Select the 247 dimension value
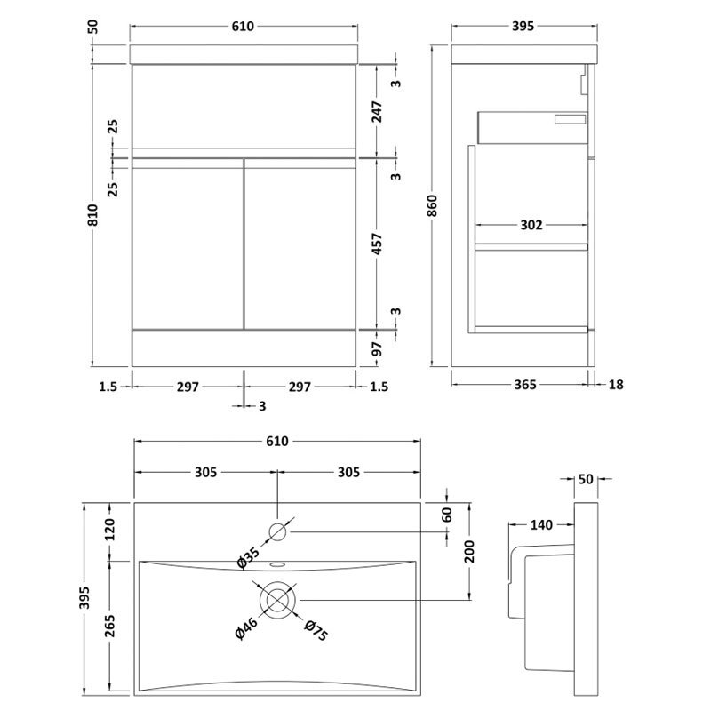(x=377, y=111)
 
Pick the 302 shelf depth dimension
(x=531, y=225)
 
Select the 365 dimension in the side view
(x=525, y=385)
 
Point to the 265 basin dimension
(x=110, y=622)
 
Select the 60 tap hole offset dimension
(x=447, y=515)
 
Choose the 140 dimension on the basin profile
(x=541, y=525)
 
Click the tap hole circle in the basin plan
(x=278, y=532)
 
